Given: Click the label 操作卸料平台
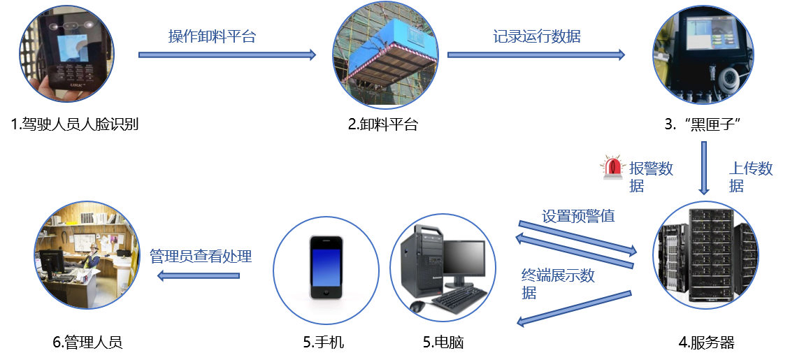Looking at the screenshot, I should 212,37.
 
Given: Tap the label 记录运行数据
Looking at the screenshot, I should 536,37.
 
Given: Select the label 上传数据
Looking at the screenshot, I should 750,177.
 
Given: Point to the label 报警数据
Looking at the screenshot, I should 650,177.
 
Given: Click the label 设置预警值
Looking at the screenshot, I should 578,216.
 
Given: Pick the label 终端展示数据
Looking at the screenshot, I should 557,284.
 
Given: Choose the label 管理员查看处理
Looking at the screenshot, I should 201,257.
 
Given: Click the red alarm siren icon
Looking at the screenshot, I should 612,166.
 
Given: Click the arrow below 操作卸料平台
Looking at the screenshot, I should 227,55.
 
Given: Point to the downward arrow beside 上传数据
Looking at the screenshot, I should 704,168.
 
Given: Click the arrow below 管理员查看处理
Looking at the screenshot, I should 199,276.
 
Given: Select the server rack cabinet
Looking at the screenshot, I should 706,257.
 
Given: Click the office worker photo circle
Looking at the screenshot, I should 87,256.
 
